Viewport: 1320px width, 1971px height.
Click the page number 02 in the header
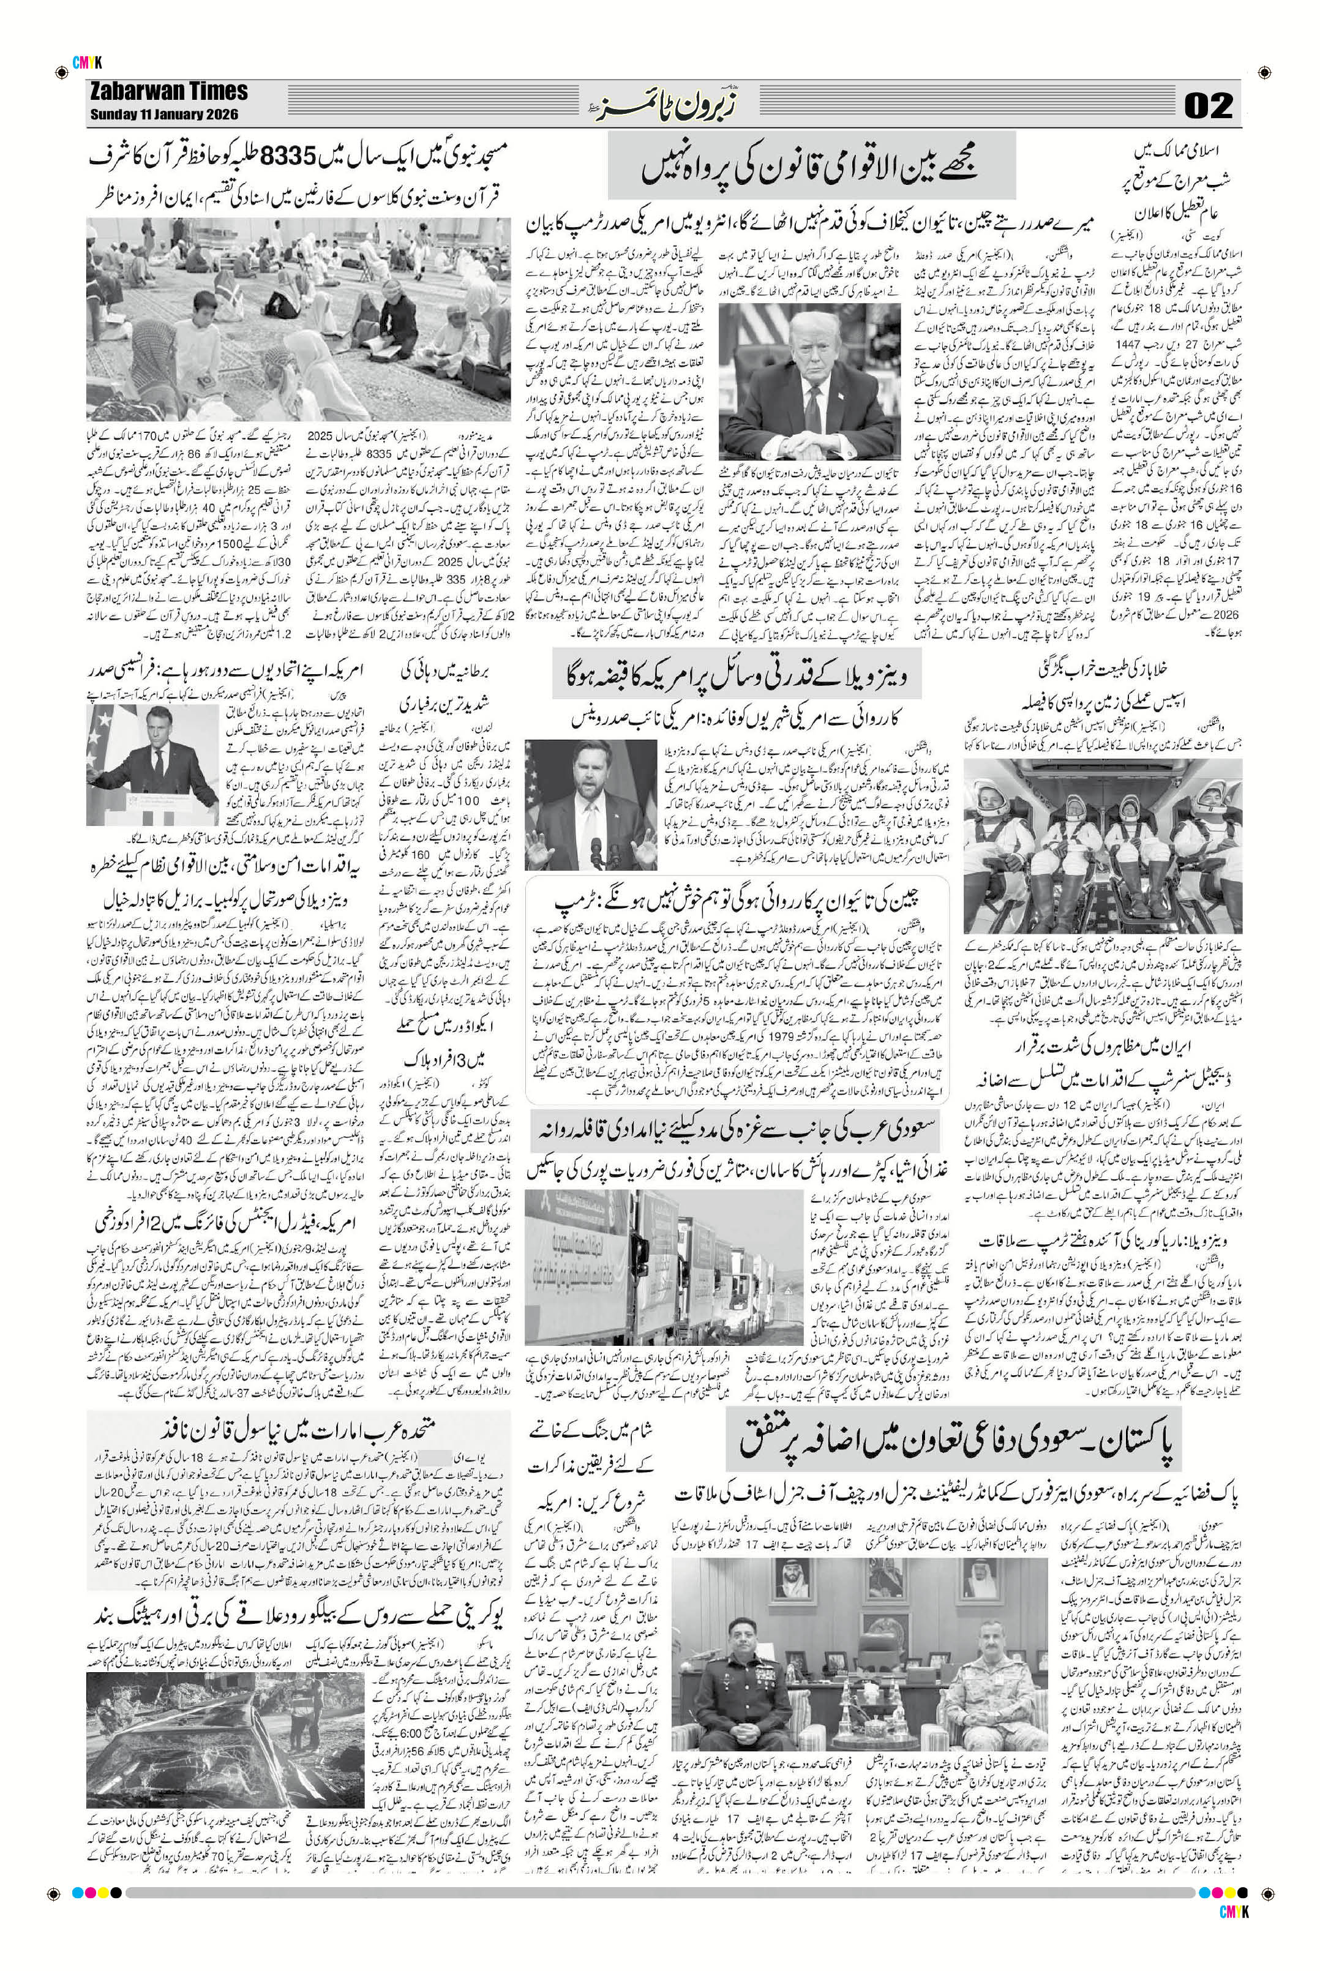click(x=1209, y=106)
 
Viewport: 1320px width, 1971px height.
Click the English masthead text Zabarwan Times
click(x=168, y=91)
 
